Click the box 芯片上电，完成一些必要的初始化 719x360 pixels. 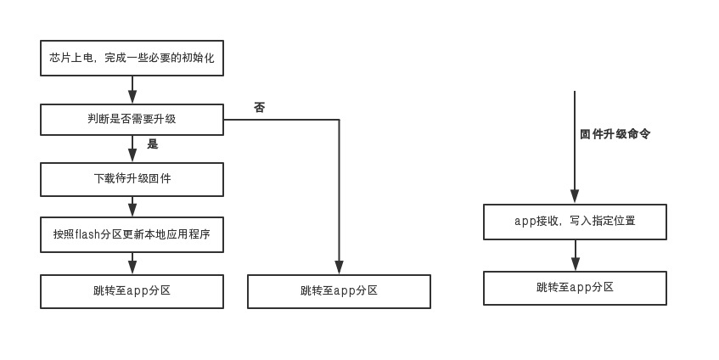point(132,59)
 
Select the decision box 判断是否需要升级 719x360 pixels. point(132,120)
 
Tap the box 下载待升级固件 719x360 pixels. point(132,179)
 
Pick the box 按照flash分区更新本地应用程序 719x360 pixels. point(132,234)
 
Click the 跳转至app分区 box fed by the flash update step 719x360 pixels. point(132,290)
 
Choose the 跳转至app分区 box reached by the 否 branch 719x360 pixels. point(339,290)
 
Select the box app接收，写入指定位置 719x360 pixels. point(575,221)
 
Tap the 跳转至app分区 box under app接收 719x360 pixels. point(575,288)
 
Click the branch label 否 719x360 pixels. point(259,108)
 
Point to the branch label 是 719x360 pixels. point(153,144)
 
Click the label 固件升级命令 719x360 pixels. point(615,134)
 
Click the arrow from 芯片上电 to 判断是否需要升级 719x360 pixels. point(132,90)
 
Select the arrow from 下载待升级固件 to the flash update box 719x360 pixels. point(132,206)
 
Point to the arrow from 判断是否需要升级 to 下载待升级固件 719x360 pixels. point(132,149)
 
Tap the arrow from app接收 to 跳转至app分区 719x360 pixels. point(575,255)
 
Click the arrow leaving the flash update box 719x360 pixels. point(132,262)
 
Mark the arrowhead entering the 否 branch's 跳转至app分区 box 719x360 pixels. point(339,268)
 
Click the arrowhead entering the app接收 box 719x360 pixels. point(575,198)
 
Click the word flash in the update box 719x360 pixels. point(88,234)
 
